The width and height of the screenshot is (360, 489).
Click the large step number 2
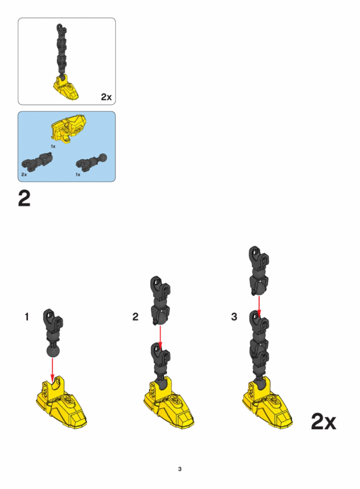[x=24, y=199]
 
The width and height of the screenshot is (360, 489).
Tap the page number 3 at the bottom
[x=179, y=469]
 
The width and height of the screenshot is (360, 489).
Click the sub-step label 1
[x=27, y=317]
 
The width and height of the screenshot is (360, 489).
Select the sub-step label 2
[x=135, y=317]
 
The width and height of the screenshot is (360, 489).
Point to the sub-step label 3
[x=234, y=317]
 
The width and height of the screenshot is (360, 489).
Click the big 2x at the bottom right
[x=324, y=422]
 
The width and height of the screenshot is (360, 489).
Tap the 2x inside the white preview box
[x=106, y=97]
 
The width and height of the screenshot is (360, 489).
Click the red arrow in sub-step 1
[x=53, y=370]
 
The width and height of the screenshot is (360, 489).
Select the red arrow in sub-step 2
[x=160, y=338]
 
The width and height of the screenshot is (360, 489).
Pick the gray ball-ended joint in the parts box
[x=92, y=161]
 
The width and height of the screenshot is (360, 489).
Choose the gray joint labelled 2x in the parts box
[x=37, y=161]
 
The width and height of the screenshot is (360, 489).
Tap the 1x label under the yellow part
[x=54, y=146]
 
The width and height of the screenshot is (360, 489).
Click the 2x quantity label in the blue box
[x=24, y=175]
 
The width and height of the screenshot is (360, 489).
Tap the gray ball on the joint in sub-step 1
[x=53, y=352]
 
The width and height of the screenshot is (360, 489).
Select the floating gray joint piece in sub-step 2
[x=160, y=300]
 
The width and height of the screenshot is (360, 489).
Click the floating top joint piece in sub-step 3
[x=259, y=271]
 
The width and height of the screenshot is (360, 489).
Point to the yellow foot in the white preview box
[x=66, y=88]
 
